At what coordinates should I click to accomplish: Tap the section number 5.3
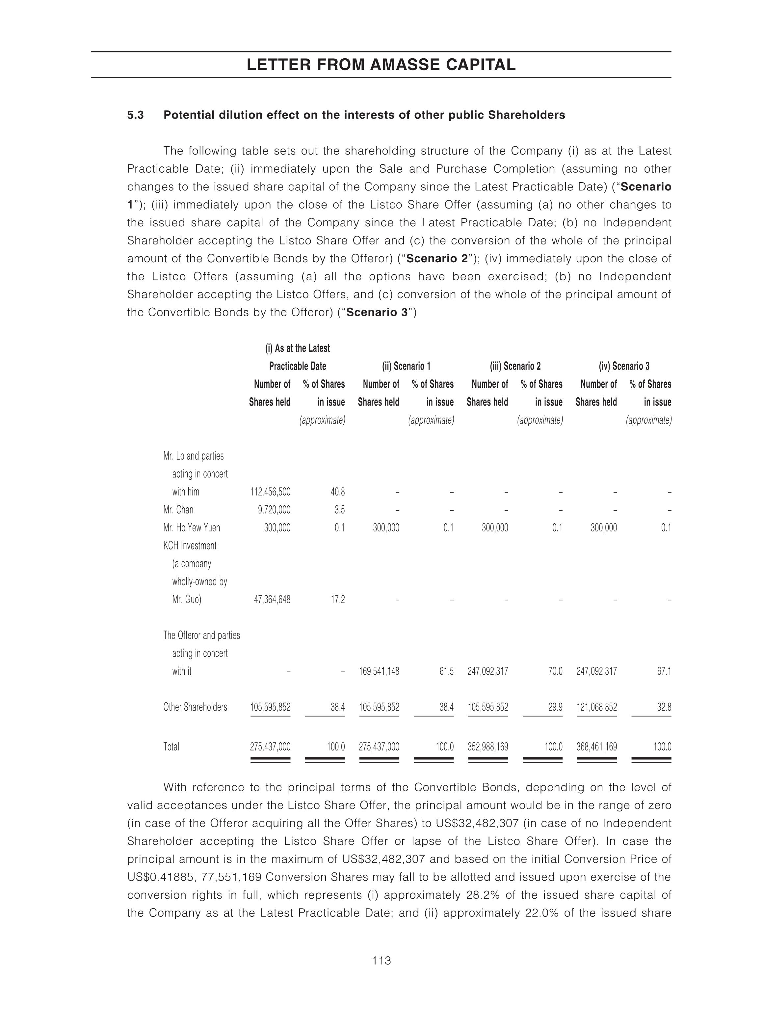tap(136, 115)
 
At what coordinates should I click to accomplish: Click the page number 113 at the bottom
tap(381, 960)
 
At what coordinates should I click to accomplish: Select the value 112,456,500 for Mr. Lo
tap(270, 492)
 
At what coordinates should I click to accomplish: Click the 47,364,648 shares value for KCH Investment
tap(272, 600)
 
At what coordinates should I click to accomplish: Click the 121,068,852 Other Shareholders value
tap(597, 707)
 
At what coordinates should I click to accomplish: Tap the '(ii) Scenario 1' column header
tap(406, 366)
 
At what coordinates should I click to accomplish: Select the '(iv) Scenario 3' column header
tap(624, 366)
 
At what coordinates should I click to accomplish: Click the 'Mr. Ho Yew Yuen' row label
tap(192, 528)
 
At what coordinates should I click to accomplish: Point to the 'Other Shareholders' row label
tap(195, 707)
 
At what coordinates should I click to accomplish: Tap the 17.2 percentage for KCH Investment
tap(338, 600)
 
